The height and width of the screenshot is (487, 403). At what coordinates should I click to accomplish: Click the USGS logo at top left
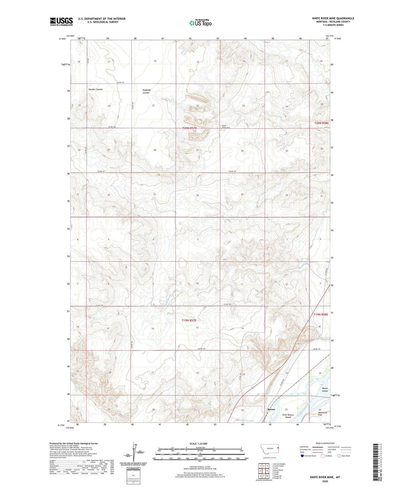(x=61, y=21)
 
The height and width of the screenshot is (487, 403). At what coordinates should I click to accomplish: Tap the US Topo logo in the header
(x=200, y=23)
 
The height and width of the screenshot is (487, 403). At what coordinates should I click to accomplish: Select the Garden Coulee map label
(x=95, y=89)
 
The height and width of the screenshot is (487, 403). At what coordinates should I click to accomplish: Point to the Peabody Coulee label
(x=146, y=91)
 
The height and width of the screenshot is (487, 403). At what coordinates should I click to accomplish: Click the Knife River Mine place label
(x=226, y=127)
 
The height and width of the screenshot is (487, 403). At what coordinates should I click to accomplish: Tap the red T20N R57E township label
(x=189, y=128)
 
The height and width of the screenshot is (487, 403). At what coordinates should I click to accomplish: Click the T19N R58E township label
(x=321, y=314)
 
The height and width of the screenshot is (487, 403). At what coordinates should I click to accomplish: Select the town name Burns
(x=271, y=409)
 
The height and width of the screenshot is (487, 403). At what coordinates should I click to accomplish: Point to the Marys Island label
(x=325, y=389)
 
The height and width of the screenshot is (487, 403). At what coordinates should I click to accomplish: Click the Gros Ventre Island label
(x=288, y=416)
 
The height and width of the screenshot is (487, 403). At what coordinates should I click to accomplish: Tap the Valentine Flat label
(x=322, y=414)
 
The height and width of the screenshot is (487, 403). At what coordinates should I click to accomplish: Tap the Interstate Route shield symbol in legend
(x=302, y=456)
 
